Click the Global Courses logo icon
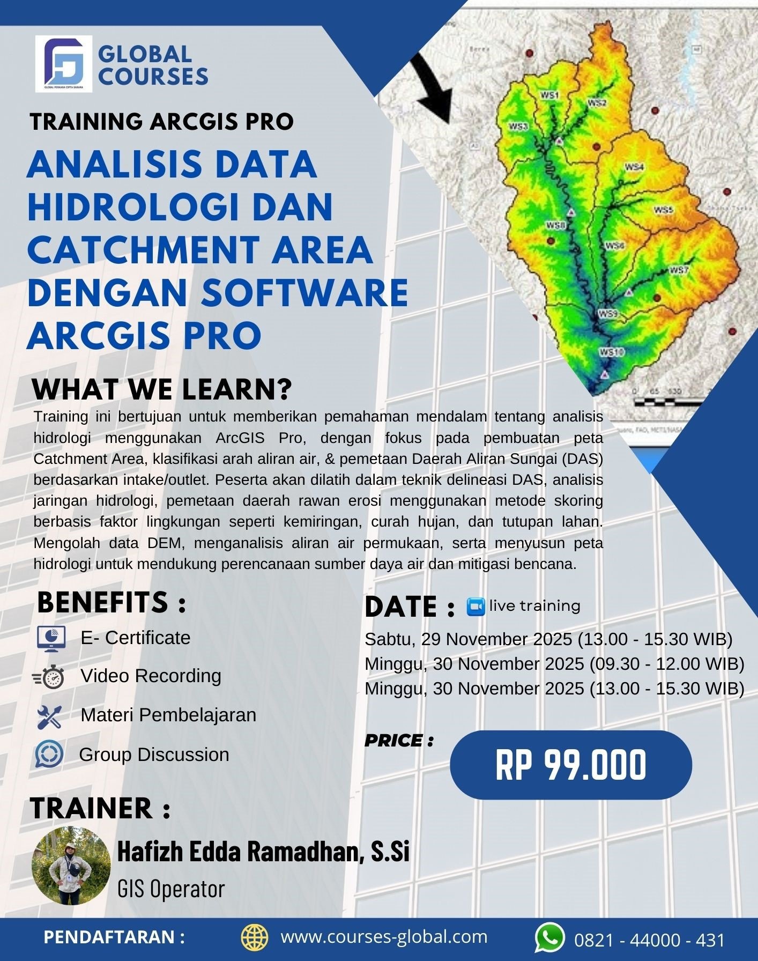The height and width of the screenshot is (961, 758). click(64, 63)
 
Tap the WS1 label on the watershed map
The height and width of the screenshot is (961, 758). click(549, 95)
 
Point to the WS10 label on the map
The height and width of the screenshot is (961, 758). click(612, 352)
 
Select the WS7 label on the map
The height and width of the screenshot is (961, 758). click(678, 270)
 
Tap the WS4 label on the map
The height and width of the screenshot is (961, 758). click(634, 167)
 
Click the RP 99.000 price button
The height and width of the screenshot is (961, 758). click(570, 765)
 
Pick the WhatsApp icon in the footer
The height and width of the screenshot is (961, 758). click(549, 937)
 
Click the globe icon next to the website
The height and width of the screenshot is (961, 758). click(254, 937)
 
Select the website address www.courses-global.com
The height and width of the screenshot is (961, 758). click(384, 936)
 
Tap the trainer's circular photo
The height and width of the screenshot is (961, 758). click(71, 866)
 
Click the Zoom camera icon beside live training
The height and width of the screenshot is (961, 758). click(475, 607)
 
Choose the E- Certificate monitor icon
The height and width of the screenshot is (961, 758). click(51, 638)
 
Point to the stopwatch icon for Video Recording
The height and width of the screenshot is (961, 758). click(50, 677)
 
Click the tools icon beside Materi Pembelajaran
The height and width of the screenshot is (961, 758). click(50, 716)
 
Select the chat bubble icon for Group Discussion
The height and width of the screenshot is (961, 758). click(49, 755)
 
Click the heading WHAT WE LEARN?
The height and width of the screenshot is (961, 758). click(161, 390)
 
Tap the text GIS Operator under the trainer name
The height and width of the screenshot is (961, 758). click(170, 889)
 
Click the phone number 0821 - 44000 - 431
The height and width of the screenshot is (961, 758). click(649, 940)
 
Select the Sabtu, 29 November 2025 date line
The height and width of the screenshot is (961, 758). click(548, 639)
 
